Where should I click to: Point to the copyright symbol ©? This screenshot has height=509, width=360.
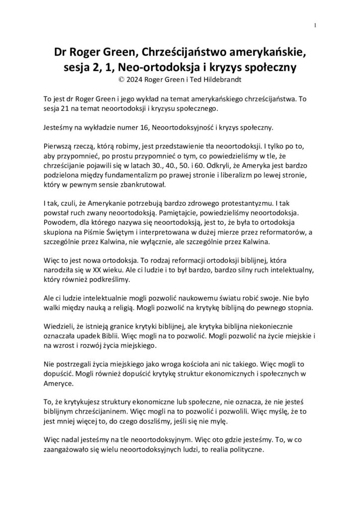coord(117,78)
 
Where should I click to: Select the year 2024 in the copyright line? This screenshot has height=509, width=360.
coord(130,78)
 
